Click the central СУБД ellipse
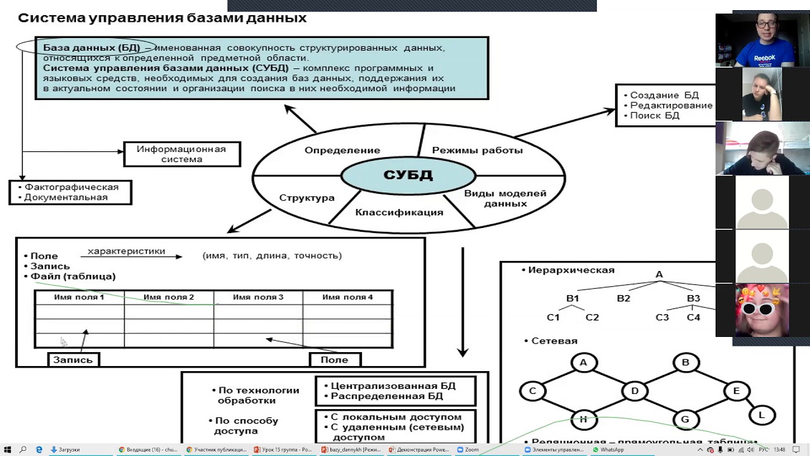[408, 175]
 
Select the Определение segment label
[342, 151]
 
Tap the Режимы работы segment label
[477, 151]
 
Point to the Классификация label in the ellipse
[399, 212]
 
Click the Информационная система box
[182, 155]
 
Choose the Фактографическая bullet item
[72, 187]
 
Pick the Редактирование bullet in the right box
[671, 106]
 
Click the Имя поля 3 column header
[258, 297]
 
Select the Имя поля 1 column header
[79, 297]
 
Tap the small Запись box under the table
[73, 360]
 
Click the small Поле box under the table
[334, 360]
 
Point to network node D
[634, 391]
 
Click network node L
[762, 415]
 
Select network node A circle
[583, 363]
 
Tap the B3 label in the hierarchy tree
[694, 298]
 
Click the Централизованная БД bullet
[394, 386]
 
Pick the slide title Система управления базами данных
[162, 18]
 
